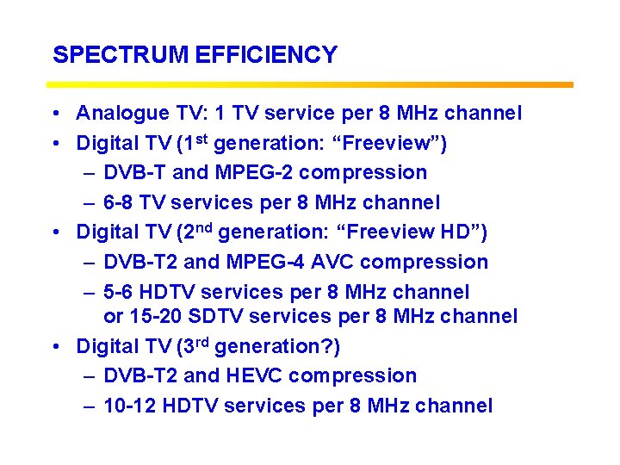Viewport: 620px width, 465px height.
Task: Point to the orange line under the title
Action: tap(310, 84)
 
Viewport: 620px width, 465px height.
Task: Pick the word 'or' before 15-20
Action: tap(113, 317)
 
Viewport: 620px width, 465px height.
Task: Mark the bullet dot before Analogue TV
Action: tap(54, 114)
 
